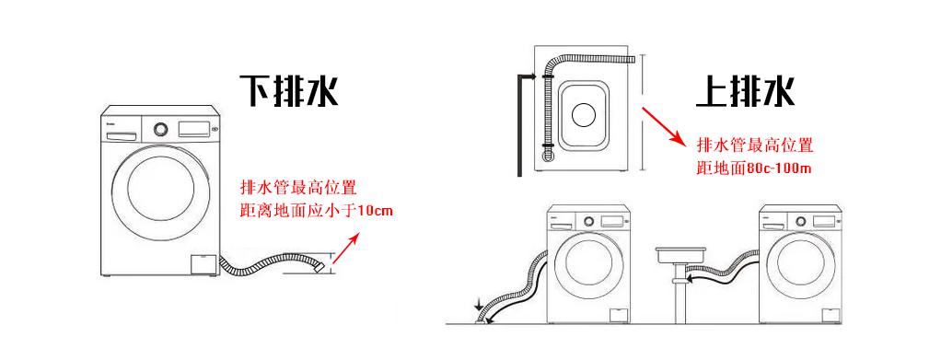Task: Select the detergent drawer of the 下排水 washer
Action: click(x=122, y=135)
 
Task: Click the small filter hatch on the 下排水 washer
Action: click(x=202, y=264)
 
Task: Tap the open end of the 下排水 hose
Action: click(x=321, y=266)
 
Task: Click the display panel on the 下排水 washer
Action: click(x=193, y=127)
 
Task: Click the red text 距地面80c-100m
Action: click(x=753, y=168)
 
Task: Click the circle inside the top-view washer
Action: click(x=583, y=114)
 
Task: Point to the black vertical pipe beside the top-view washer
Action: click(x=521, y=124)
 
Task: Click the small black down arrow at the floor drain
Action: click(x=478, y=306)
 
